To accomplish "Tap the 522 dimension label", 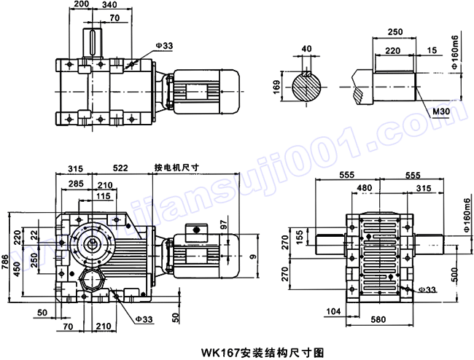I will pyautogui.click(x=121, y=168).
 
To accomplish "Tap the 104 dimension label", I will pyautogui.click(x=335, y=312).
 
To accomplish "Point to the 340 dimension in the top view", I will pyautogui.click(x=111, y=4).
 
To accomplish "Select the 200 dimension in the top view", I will pyautogui.click(x=81, y=4).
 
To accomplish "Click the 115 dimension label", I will pyautogui.click(x=103, y=197).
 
